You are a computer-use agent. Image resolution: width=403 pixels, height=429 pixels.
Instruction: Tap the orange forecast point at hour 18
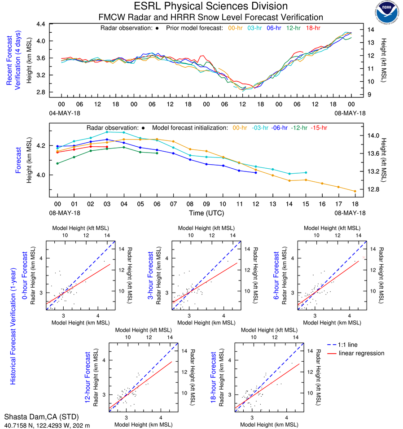pyautogui.click(x=355, y=191)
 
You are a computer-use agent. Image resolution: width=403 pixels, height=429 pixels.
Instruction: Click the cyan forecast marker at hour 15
pyautogui.click(x=306, y=172)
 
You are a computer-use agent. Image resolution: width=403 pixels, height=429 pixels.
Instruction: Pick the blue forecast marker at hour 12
pyautogui.click(x=256, y=173)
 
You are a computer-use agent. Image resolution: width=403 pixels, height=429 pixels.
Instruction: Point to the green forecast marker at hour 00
pyautogui.click(x=57, y=163)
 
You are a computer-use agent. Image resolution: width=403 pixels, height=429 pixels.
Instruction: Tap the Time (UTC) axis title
pyautogui.click(x=206, y=213)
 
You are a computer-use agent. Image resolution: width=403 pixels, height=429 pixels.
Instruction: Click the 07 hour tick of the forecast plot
pyautogui.click(x=173, y=203)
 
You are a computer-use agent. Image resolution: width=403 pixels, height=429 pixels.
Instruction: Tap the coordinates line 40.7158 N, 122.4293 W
pyautogui.click(x=47, y=424)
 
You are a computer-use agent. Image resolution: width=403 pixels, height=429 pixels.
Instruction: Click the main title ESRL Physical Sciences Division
pyautogui.click(x=211, y=6)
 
